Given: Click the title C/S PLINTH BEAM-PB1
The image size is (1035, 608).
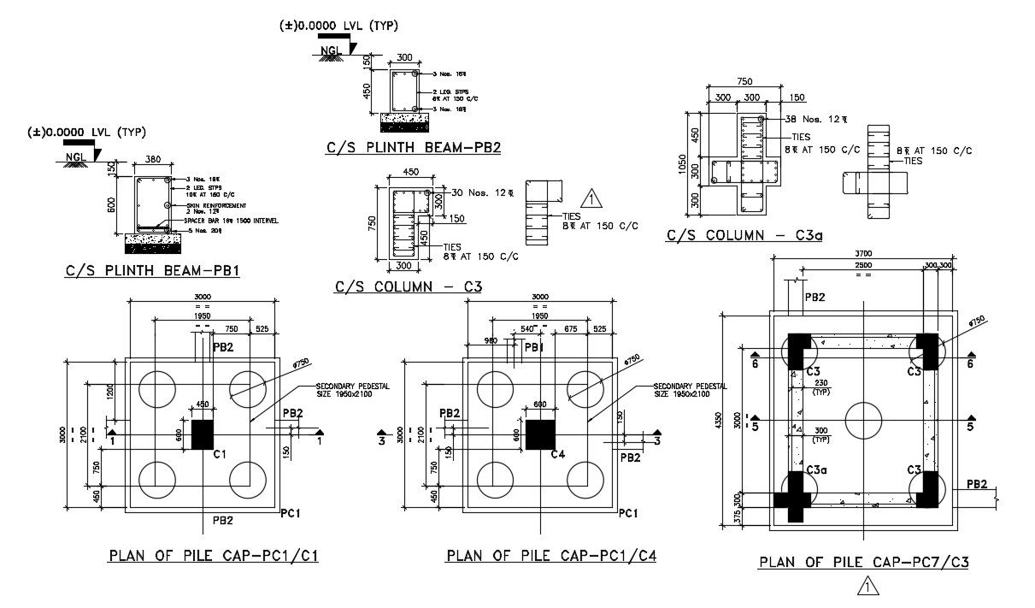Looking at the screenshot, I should pos(152,272).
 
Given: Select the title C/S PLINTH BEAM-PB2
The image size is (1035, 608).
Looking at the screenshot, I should pos(413,147).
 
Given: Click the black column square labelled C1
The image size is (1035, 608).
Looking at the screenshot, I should pos(202,434).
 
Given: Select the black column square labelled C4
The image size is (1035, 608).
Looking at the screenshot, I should pos(538,434).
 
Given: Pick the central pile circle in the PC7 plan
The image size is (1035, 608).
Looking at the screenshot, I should pos(864,421).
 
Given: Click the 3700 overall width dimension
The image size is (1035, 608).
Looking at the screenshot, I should pos(864,254).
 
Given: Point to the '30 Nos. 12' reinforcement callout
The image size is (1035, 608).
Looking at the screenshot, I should pos(482,192).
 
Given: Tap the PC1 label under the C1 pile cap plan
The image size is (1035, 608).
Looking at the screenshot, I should pos(291,512).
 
